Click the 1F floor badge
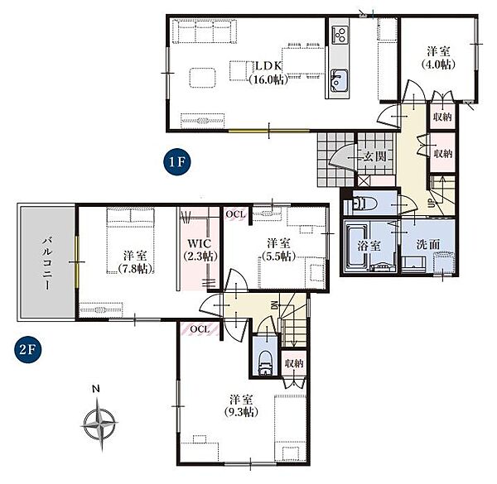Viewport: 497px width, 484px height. [177, 162]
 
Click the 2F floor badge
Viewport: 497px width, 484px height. [28, 349]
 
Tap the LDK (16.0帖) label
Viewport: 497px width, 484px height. [268, 73]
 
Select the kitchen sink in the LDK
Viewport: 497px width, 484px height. [339, 80]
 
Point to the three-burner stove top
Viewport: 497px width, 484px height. [340, 35]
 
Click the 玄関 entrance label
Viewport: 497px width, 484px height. [375, 156]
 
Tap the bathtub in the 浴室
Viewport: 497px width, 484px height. [356, 247]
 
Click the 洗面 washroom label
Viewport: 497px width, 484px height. [428, 244]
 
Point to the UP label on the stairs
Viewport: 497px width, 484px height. [432, 204]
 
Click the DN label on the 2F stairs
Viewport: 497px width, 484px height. [274, 305]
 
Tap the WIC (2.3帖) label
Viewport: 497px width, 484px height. [200, 250]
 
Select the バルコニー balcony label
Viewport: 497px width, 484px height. [47, 264]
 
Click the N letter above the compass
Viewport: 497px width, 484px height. [96, 389]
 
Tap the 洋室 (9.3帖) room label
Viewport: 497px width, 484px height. [241, 405]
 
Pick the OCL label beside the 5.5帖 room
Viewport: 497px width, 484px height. [235, 214]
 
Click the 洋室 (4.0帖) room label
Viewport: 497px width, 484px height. [438, 58]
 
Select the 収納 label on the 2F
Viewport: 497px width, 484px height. [294, 363]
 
